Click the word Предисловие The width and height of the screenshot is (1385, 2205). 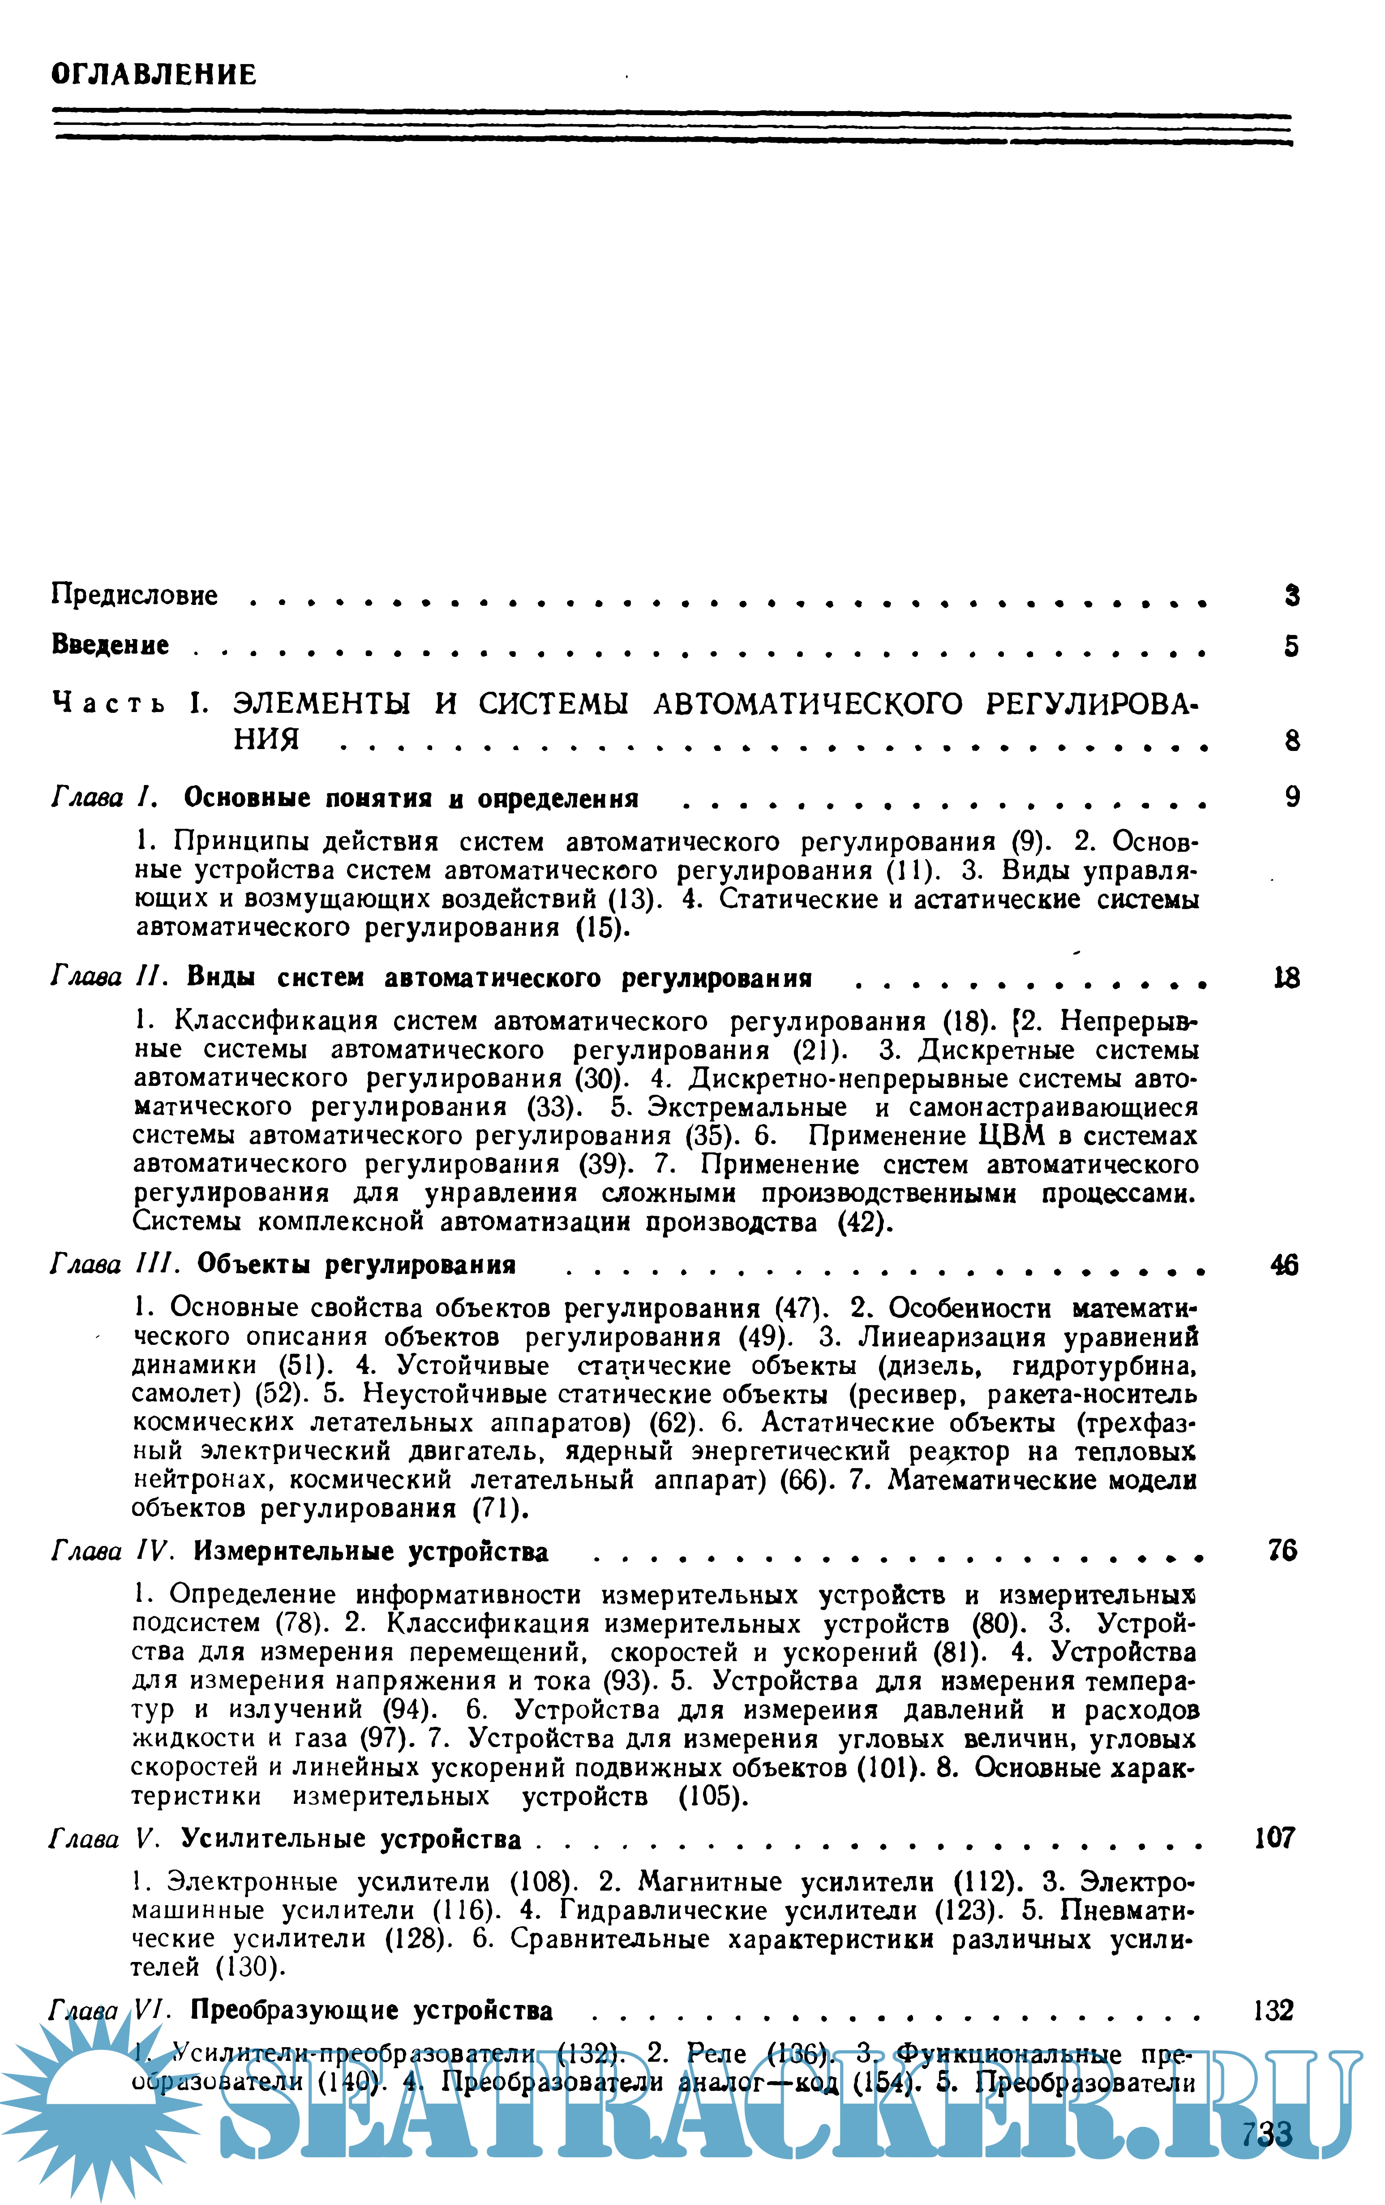coord(135,595)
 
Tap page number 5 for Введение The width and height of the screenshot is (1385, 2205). coord(1291,647)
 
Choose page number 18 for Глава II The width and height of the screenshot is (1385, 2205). coord(1286,979)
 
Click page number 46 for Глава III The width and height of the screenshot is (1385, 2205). coord(1284,1265)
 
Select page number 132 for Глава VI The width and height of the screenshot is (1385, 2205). coord(1272,2011)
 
